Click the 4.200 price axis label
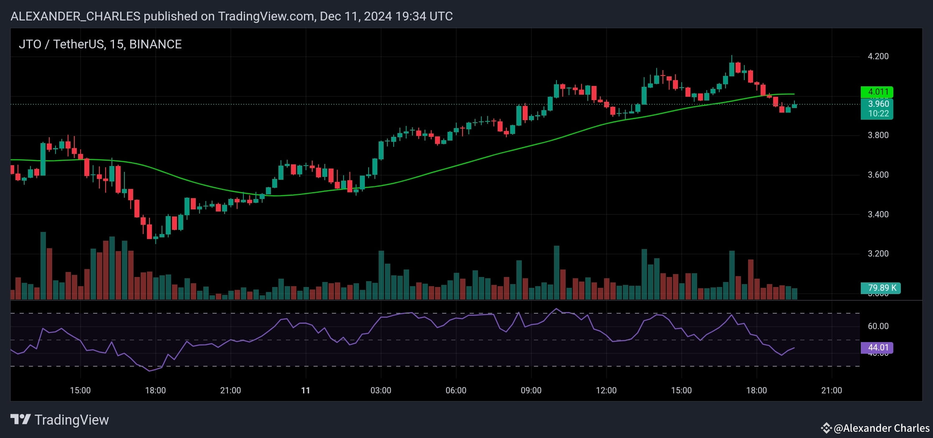[x=878, y=56]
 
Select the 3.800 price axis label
[x=878, y=135]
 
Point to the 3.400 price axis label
[x=878, y=214]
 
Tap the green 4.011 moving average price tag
[x=877, y=92]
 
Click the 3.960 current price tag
[x=877, y=104]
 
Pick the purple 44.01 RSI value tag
[x=877, y=347]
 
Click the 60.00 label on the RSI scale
[x=878, y=326]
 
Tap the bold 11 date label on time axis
[x=306, y=390]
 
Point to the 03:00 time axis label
[x=381, y=390]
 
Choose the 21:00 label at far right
[x=832, y=390]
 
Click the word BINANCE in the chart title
[x=155, y=44]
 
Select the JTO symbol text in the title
[x=30, y=44]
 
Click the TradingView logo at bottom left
[x=59, y=420]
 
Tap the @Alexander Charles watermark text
[x=881, y=428]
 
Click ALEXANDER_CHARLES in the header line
[x=75, y=16]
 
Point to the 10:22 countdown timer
[x=877, y=113]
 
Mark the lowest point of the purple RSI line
[x=149, y=371]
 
